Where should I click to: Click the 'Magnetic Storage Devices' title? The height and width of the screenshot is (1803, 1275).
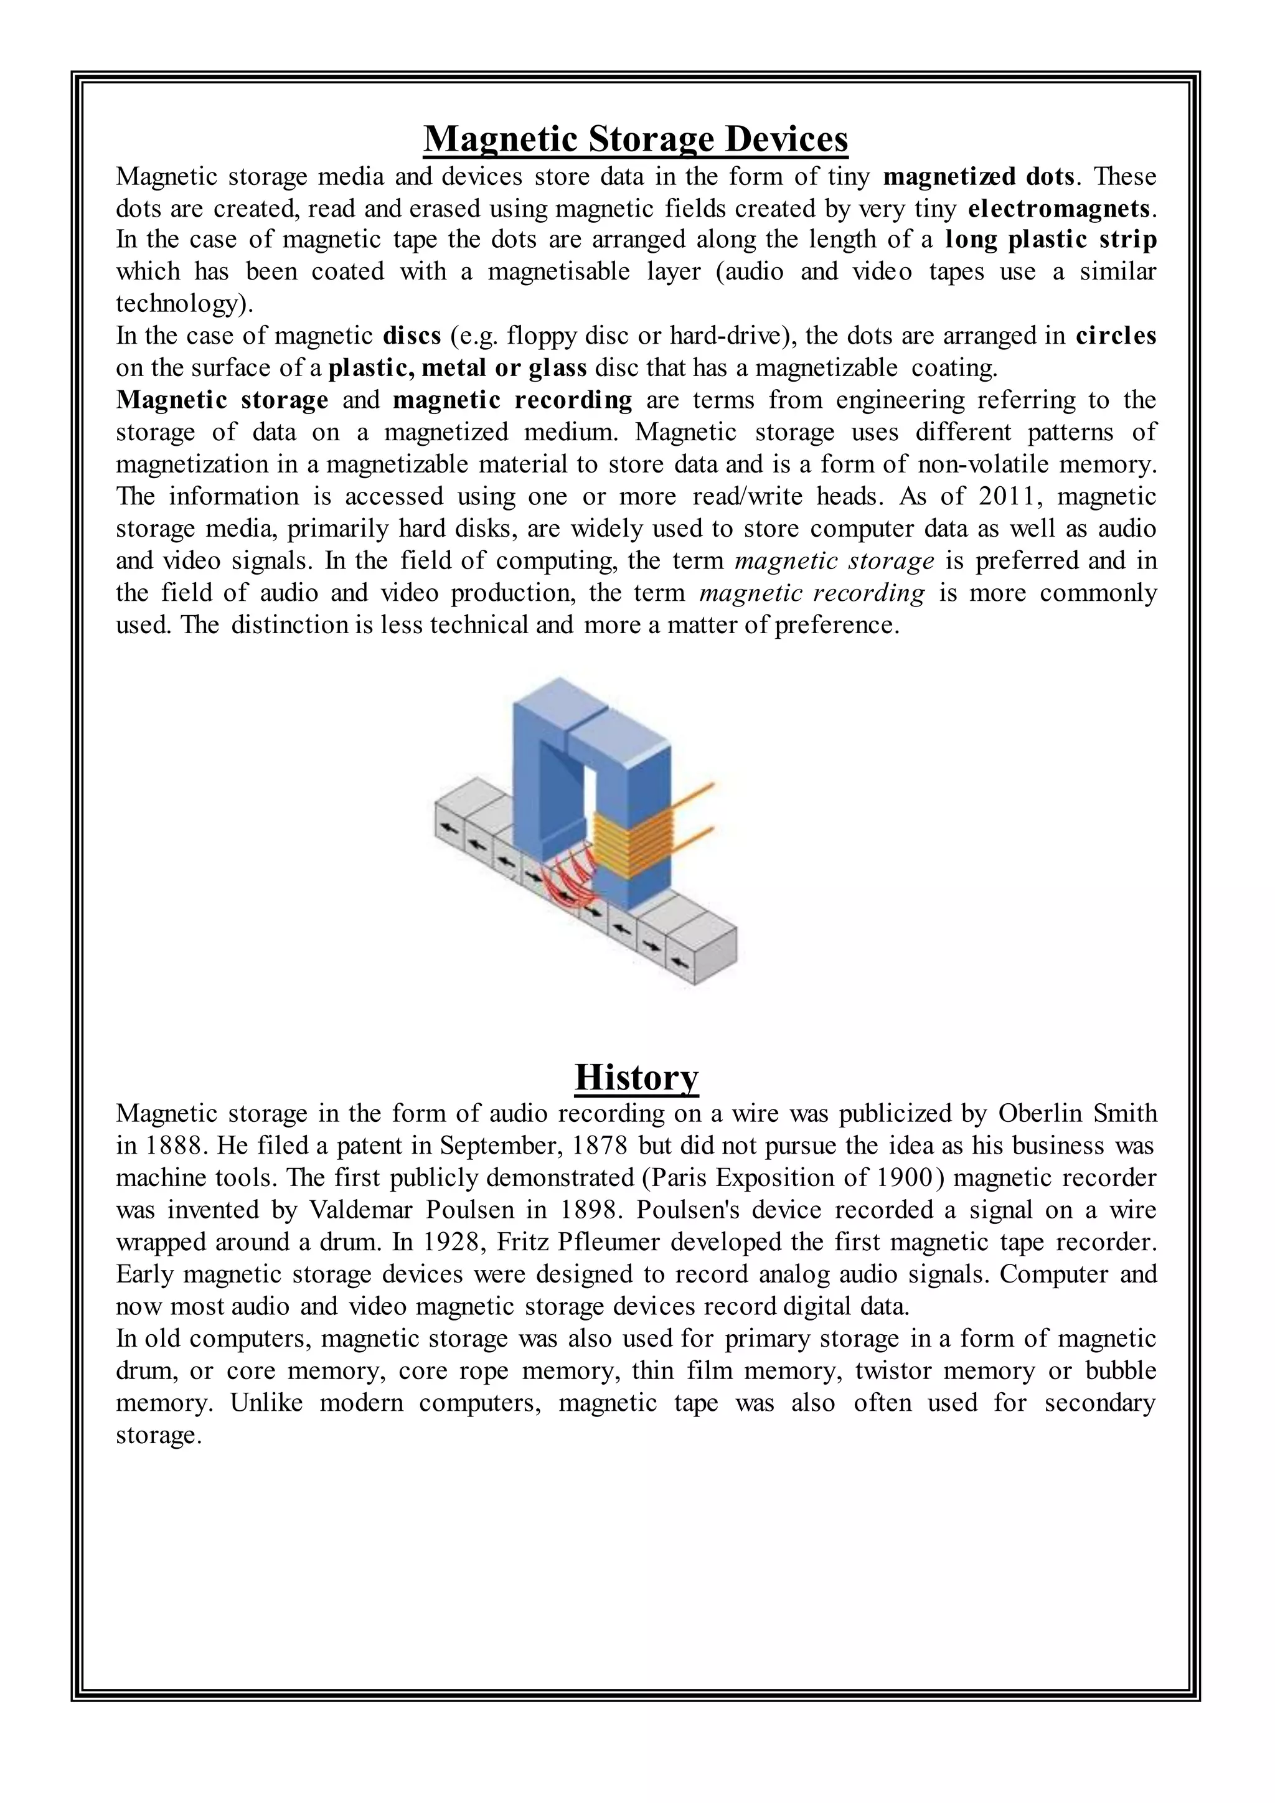pos(636,140)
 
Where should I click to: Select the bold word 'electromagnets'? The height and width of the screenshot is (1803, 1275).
pos(1060,209)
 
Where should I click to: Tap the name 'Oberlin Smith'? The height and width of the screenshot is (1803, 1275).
pos(1077,1114)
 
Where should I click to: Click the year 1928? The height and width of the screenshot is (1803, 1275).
pos(450,1242)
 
